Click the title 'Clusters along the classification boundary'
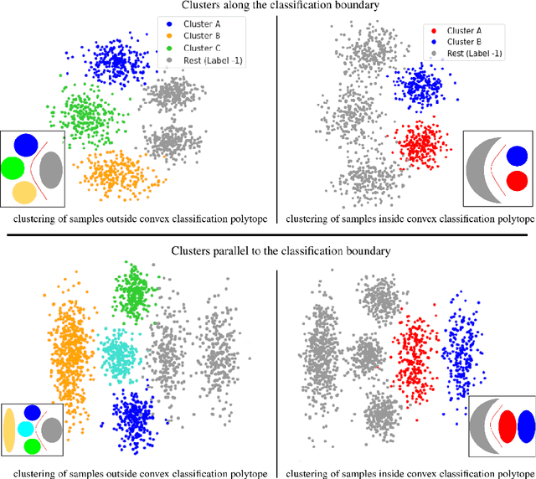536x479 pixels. pyautogui.click(x=267, y=7)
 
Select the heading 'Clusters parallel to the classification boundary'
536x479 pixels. pyautogui.click(x=267, y=250)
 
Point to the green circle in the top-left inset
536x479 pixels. pyautogui.click(x=12, y=169)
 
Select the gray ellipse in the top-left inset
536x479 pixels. pyautogui.click(x=51, y=168)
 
